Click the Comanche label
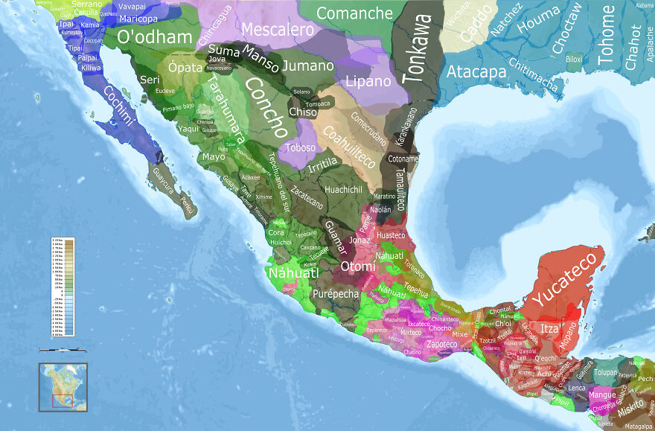[354, 13]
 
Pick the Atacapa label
[476, 72]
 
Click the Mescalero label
[278, 31]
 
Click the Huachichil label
[343, 190]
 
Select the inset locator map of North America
[63, 387]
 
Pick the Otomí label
[354, 266]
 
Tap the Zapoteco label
[443, 345]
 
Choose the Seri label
[150, 80]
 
